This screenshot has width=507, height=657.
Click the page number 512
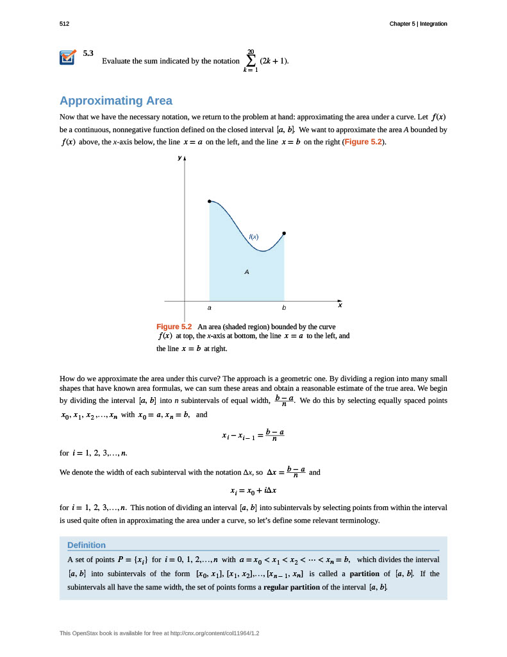64,24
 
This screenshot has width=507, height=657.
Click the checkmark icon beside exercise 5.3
67,58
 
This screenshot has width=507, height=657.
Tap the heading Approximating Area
115,101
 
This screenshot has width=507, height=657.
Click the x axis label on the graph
340,305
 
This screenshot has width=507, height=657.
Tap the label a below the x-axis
210,308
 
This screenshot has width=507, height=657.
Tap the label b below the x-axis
284,308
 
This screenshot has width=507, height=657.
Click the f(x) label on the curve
254,237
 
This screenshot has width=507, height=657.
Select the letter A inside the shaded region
246,272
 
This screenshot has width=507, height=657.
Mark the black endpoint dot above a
210,201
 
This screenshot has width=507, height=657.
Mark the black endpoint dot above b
284,233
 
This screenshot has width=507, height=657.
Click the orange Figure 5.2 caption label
174,327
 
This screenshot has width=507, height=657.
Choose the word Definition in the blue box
87,545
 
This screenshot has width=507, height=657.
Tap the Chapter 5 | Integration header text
418,24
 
